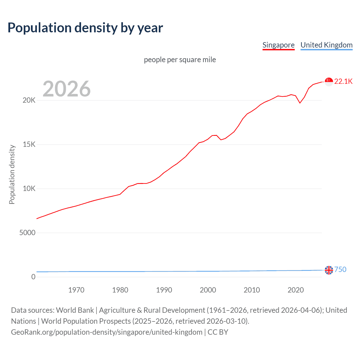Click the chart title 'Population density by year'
coord(85,28)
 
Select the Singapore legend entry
coord(278,45)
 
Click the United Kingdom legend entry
coord(326,45)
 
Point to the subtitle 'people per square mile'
coord(180,60)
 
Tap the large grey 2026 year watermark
coord(67,89)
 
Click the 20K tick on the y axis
coord(29,100)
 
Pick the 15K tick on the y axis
coord(29,145)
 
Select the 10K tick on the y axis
coord(29,189)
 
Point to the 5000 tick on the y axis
coord(27,233)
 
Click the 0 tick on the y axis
coord(33,277)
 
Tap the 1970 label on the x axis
coord(76,290)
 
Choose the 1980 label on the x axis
coord(120,290)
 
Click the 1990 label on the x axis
coord(164,290)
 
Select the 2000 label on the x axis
coord(208,290)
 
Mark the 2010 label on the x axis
coord(252,290)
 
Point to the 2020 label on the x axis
coord(296,290)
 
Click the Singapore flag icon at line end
coord(329,82)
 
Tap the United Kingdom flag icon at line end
coord(329,270)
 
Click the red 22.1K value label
coord(343,82)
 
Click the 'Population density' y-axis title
coord(12,174)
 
